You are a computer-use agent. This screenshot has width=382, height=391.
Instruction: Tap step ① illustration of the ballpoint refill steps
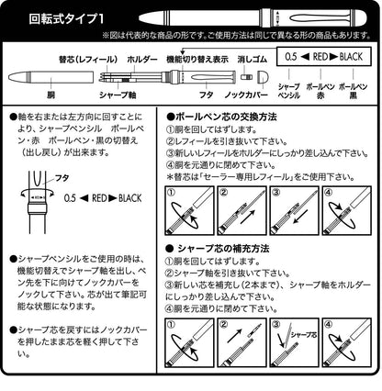point(188,216)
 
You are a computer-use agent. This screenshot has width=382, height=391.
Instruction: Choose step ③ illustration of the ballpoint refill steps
point(292,216)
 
